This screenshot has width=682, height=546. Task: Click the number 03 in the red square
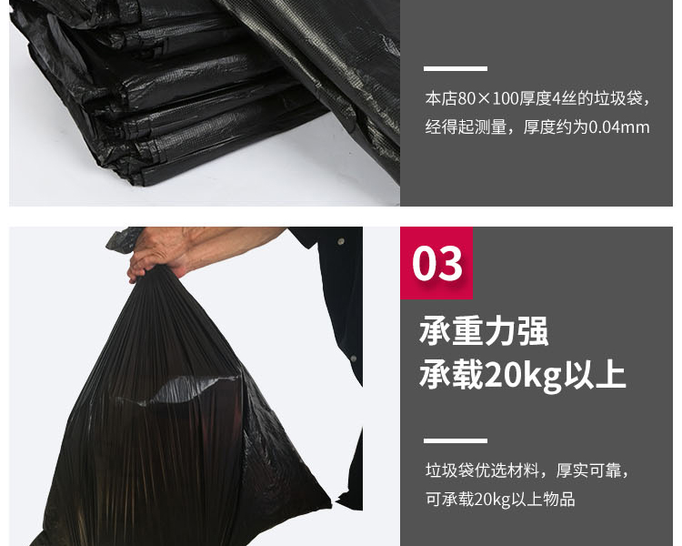click(437, 263)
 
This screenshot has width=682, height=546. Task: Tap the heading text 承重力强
click(484, 331)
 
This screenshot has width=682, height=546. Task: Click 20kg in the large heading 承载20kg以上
click(523, 375)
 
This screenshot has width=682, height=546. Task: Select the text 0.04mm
click(619, 127)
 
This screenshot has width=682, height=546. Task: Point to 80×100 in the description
click(487, 99)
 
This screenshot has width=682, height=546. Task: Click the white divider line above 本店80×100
click(456, 68)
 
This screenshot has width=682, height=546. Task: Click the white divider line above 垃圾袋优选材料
click(456, 440)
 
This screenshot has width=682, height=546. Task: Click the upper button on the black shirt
click(341, 240)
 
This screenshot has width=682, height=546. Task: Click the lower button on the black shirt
click(354, 359)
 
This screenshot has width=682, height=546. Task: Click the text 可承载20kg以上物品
click(500, 499)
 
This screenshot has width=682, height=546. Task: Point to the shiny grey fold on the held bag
click(183, 389)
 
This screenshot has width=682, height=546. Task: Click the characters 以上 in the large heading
click(595, 375)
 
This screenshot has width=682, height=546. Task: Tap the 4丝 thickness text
click(561, 99)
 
